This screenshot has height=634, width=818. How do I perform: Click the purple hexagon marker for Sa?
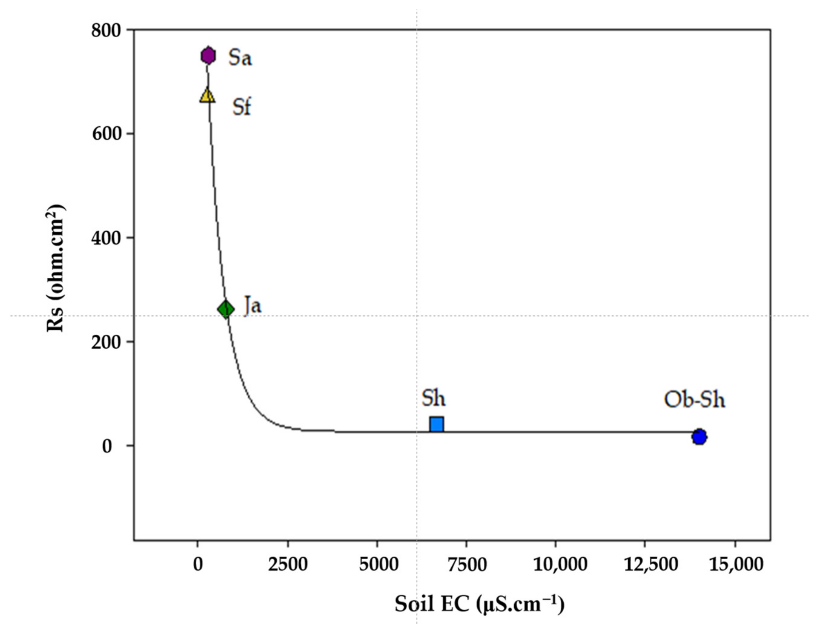pos(208,56)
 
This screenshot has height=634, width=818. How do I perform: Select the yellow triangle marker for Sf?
pos(207,96)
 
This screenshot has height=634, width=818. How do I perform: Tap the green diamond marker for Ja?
pos(226,310)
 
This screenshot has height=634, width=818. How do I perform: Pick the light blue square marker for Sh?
pos(437,425)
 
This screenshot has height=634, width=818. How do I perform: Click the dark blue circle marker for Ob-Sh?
pos(699,437)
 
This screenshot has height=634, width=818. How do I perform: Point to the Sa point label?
pos(240,58)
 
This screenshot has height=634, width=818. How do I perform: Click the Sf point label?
pos(241,107)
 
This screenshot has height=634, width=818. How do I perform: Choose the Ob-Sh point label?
pos(694,400)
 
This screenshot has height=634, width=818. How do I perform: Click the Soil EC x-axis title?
pos(479,604)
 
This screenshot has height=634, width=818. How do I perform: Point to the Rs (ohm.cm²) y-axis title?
pos(55,268)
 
